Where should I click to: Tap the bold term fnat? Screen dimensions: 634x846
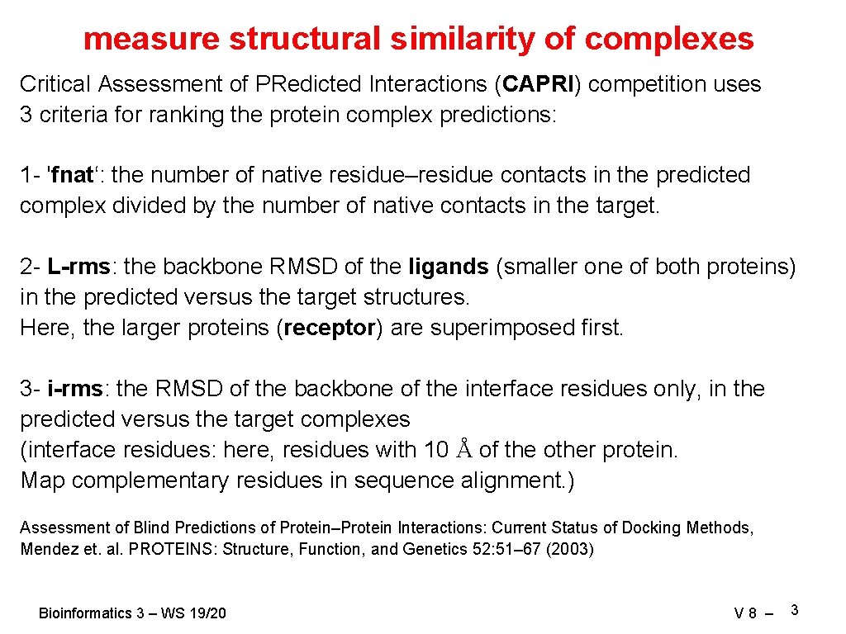[x=74, y=175]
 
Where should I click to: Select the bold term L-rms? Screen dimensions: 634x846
[x=78, y=267]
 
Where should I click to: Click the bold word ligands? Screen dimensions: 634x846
[x=449, y=267]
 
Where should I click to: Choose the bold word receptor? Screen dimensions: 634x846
[x=329, y=328]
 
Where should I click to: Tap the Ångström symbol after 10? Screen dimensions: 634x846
[x=464, y=450]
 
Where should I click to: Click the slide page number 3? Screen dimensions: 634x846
[x=794, y=610]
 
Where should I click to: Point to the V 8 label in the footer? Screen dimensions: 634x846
[x=744, y=613]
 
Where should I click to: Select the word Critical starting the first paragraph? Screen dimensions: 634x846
[x=55, y=84]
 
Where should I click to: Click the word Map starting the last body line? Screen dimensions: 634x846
[x=42, y=480]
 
